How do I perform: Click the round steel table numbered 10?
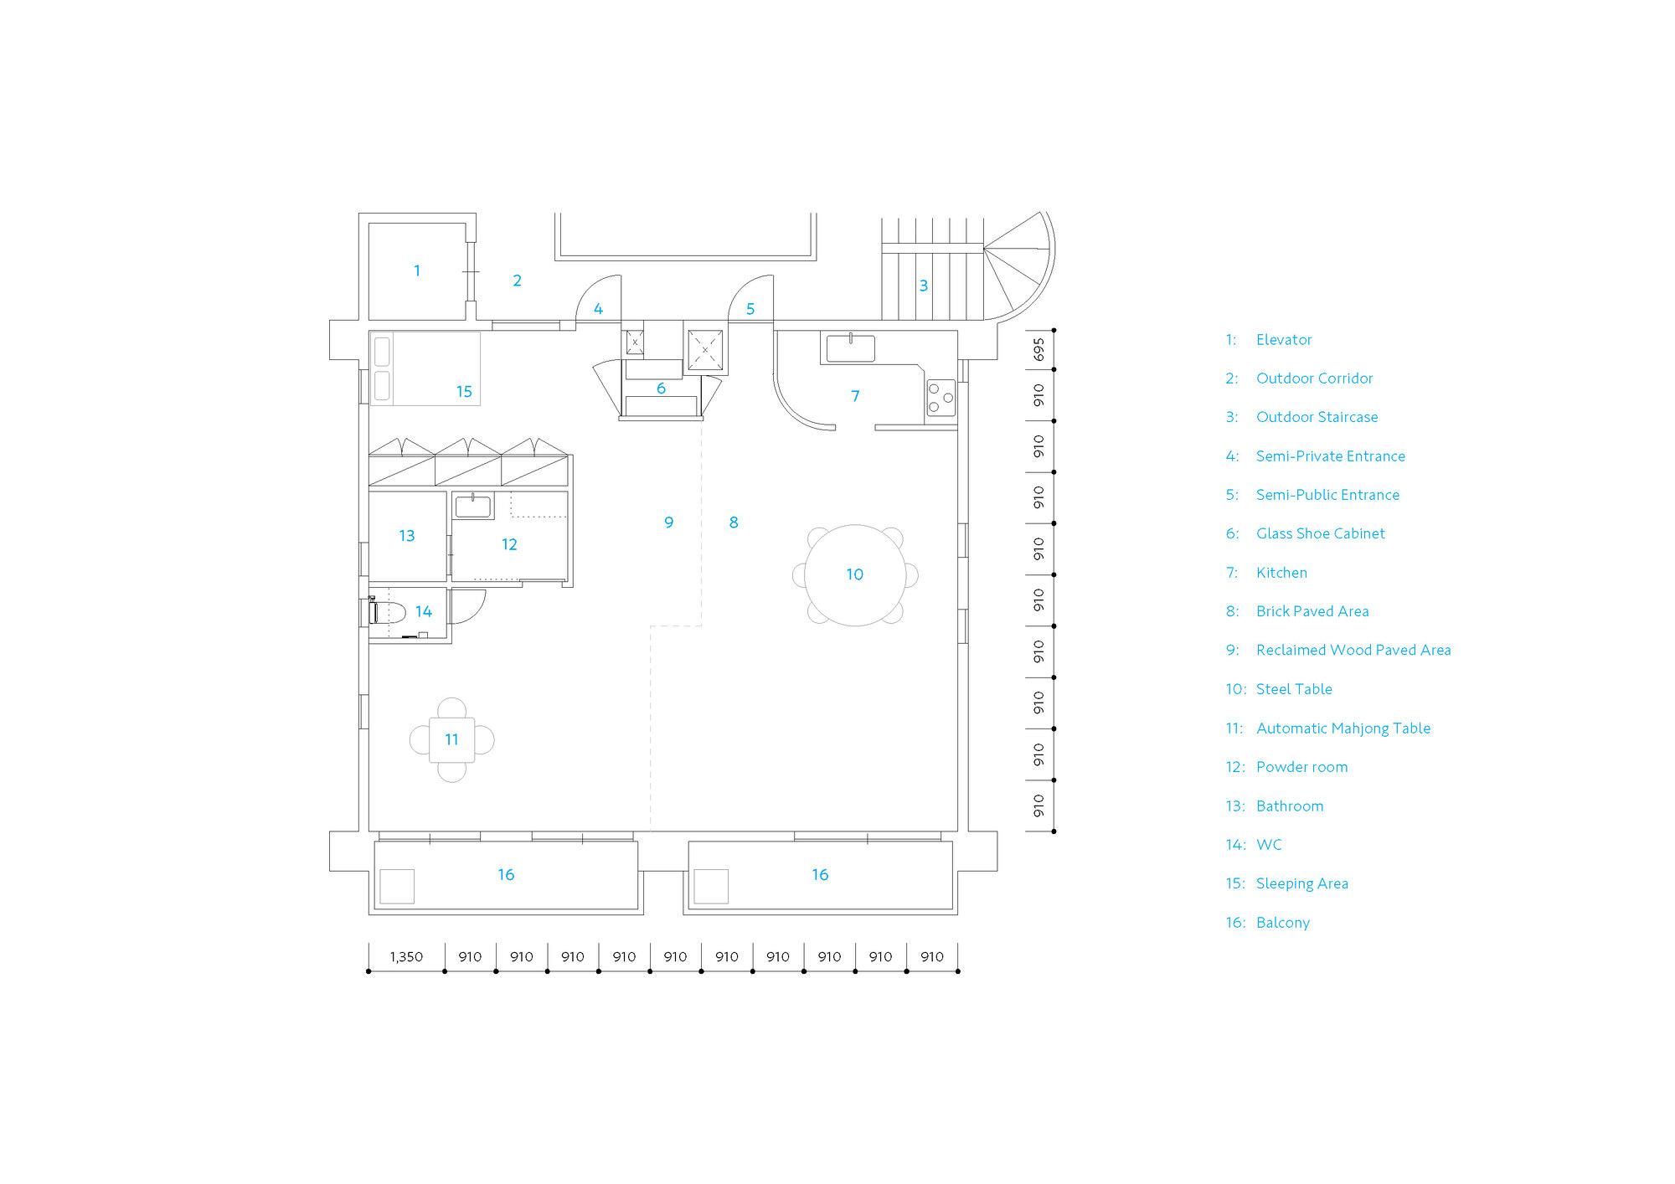tap(855, 575)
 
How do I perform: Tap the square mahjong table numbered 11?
tap(451, 740)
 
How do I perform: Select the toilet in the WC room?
tap(387, 612)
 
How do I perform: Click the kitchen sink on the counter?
tap(850, 348)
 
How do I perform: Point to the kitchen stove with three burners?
tap(941, 398)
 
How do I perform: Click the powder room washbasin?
tap(473, 506)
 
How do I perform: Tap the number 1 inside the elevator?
tap(417, 270)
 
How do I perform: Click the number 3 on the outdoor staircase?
tap(924, 286)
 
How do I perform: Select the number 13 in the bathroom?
tap(407, 536)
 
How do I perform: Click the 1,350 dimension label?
tap(406, 956)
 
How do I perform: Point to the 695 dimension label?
tap(1038, 349)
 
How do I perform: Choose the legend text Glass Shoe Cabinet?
tap(1320, 533)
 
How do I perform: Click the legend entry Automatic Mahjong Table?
tap(1343, 728)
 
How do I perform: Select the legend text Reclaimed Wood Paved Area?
tap(1353, 650)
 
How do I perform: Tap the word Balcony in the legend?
tap(1283, 923)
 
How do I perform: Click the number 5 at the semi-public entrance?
tap(750, 309)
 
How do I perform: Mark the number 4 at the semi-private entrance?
tap(598, 309)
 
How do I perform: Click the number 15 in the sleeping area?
tap(464, 392)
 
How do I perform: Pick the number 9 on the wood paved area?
tap(668, 523)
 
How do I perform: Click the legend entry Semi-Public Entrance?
tap(1327, 495)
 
